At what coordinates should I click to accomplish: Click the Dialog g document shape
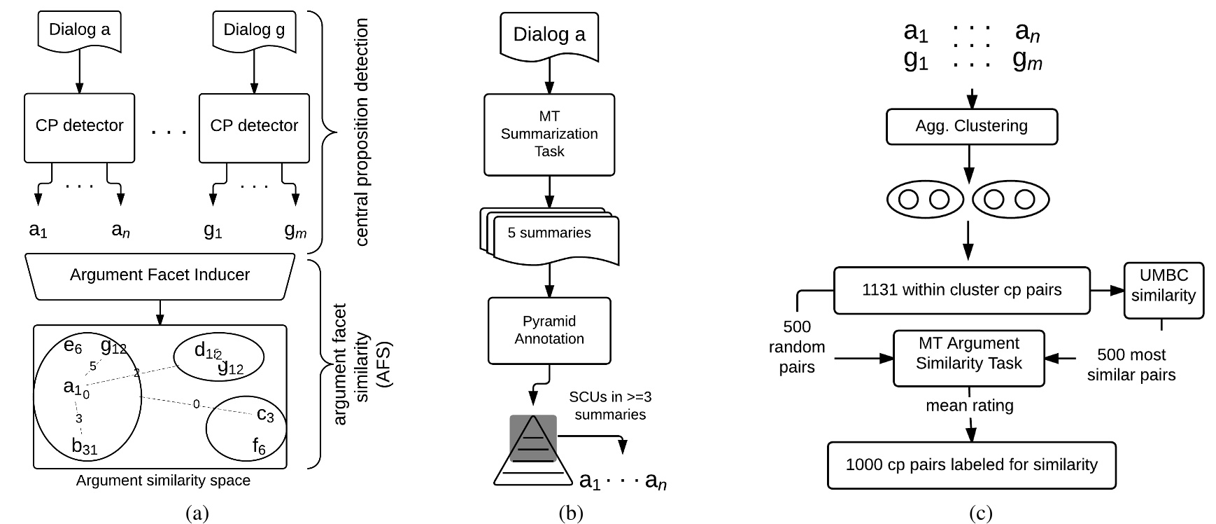point(254,31)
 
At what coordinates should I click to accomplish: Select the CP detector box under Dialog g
point(254,126)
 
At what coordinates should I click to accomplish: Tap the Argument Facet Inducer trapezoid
point(160,275)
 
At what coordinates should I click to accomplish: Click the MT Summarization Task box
point(549,134)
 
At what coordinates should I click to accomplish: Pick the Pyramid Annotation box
point(549,330)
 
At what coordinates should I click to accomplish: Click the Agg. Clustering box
point(971,127)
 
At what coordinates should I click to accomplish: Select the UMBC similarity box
point(1163,290)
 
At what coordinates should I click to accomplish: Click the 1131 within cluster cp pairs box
point(961,289)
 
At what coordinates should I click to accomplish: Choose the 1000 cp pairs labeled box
point(971,464)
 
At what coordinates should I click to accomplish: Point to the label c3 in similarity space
point(265,415)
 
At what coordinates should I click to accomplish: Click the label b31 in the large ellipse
point(85,446)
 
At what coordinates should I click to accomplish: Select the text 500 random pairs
point(797,347)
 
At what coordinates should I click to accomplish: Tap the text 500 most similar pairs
point(1131,364)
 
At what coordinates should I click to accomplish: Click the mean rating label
point(969,405)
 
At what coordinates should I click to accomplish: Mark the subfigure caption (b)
point(571,513)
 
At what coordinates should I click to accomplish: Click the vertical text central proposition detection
point(361,133)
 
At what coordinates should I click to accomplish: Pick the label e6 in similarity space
point(73,345)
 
